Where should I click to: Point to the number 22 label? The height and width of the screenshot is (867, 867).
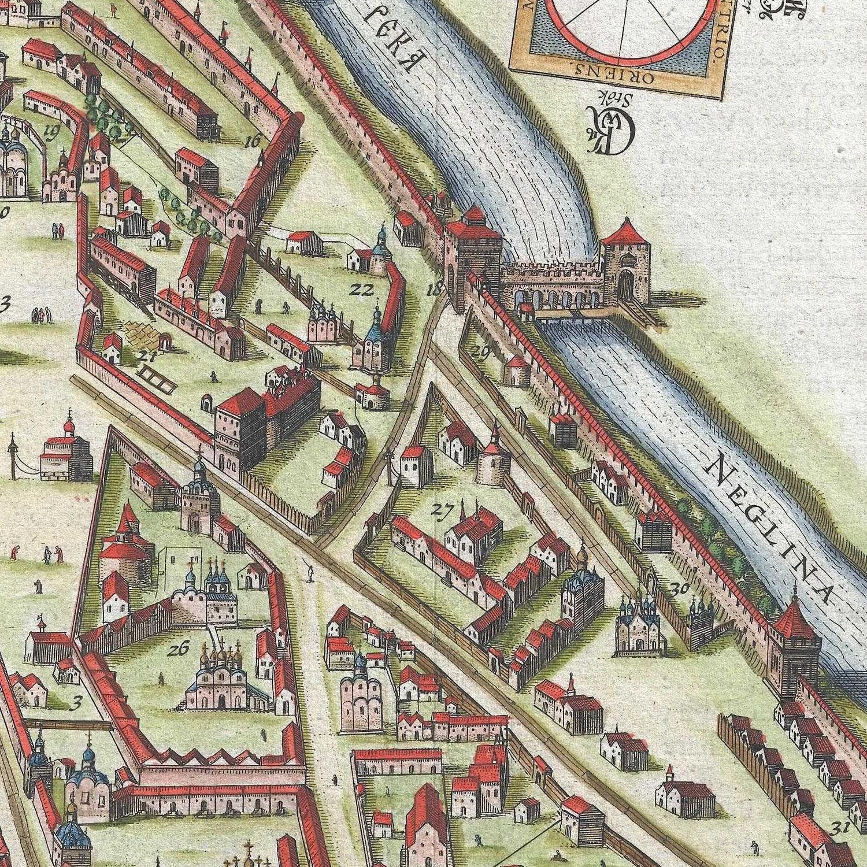364,290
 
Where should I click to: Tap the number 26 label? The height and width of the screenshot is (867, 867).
179,649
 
